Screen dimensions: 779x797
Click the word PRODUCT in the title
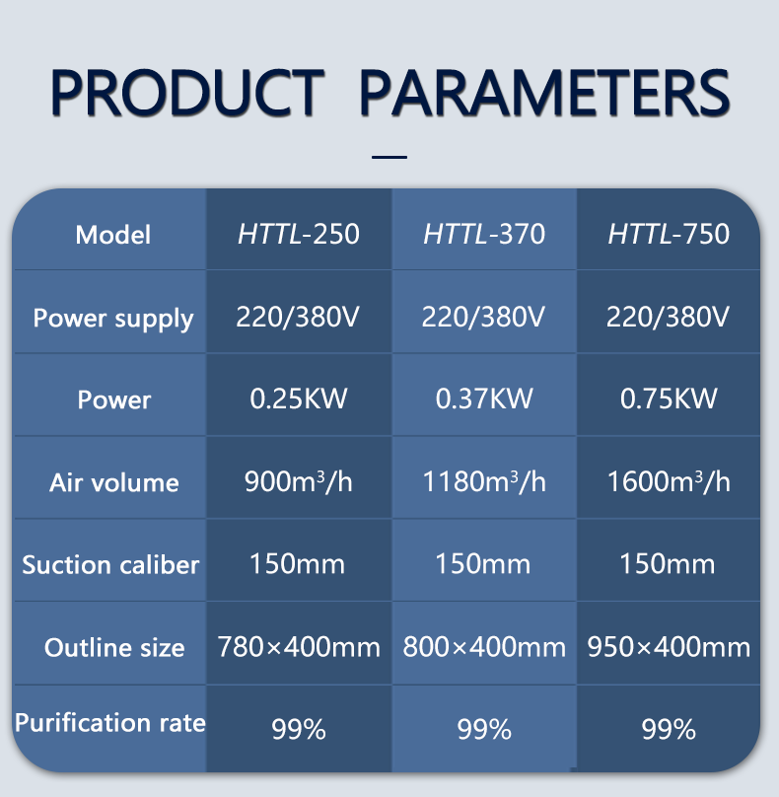[187, 93]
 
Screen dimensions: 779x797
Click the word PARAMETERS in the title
[544, 93]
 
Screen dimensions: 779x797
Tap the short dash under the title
[389, 157]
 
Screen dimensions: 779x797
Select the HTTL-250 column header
[299, 234]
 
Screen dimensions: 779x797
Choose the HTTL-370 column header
[484, 234]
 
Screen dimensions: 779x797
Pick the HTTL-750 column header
[669, 234]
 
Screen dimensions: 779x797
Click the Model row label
[112, 235]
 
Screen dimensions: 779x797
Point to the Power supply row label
[113, 320]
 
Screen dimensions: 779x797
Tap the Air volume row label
[113, 482]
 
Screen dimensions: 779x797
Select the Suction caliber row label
[110, 565]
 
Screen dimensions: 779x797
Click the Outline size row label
[114, 647]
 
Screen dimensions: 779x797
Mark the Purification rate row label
[110, 722]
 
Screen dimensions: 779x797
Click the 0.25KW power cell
[299, 398]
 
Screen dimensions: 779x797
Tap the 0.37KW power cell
[484, 398]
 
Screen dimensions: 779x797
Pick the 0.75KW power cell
[669, 398]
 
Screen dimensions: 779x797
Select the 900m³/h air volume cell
[298, 481]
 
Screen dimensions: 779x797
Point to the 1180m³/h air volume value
[484, 481]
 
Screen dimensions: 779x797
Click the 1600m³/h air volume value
[669, 481]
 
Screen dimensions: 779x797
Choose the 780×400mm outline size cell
[299, 647]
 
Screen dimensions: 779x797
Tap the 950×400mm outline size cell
[669, 647]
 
